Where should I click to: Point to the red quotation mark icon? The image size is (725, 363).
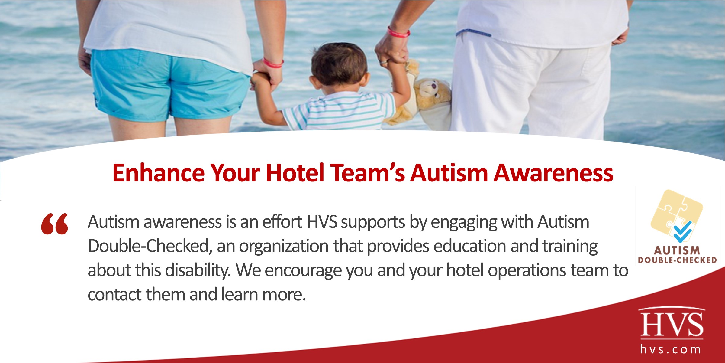(x=55, y=224)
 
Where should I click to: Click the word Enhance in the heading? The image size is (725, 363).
(x=159, y=173)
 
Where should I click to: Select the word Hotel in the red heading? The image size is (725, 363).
(x=295, y=173)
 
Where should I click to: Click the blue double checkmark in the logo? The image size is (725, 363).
(x=682, y=232)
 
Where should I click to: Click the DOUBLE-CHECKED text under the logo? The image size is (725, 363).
(x=677, y=260)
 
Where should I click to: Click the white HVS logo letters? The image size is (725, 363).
(x=672, y=324)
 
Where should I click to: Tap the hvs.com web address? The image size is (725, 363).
(x=671, y=350)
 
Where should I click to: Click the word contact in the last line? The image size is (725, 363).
(x=114, y=294)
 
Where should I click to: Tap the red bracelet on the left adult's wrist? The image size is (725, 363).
(x=273, y=64)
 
